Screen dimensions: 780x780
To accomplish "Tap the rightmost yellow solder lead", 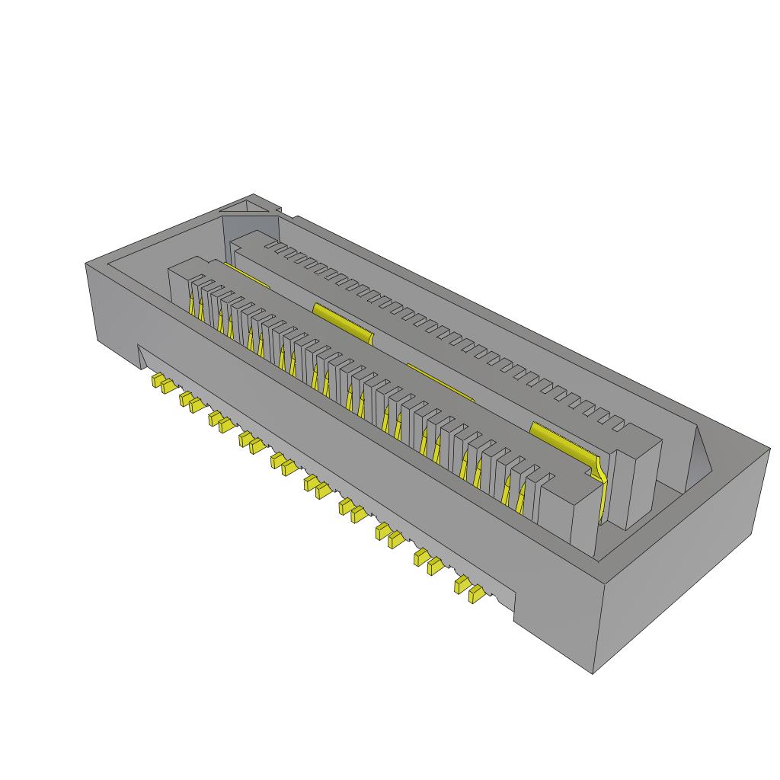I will pyautogui.click(x=477, y=594).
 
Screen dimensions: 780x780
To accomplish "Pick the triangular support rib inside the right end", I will pyautogui.click(x=698, y=457).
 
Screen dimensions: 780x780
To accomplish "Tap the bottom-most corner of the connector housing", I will pyautogui.click(x=593, y=673).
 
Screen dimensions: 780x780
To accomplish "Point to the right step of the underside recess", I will pyautogui.click(x=515, y=609).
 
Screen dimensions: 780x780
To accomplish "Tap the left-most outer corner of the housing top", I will pyautogui.click(x=85, y=264).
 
